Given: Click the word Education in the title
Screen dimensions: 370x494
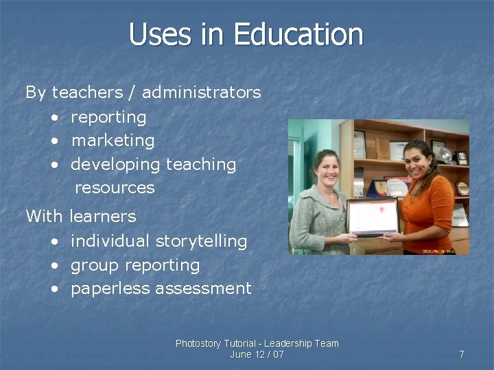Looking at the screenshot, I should pos(298,34).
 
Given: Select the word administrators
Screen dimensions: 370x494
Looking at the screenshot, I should pos(202,92).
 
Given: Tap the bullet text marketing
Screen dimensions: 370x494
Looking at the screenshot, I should pos(113,140).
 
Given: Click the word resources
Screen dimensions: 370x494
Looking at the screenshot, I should pos(115,188).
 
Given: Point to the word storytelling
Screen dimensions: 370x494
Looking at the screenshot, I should pos(201,241).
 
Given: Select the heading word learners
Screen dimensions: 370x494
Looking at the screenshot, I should pos(103,217).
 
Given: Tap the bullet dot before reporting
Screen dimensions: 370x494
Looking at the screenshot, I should pos(54,118).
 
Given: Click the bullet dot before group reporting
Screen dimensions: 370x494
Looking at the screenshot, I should pos(54,266).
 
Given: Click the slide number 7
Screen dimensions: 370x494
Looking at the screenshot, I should pos(462,354).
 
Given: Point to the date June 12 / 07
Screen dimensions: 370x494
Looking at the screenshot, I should pos(257,354).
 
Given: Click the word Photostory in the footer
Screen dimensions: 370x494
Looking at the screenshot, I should pos(199,343).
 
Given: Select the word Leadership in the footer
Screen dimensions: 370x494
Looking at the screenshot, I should pos(289,343).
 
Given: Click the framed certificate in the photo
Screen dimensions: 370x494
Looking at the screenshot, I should pos(373,216).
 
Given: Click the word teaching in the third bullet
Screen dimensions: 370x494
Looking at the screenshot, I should pos(202,164).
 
